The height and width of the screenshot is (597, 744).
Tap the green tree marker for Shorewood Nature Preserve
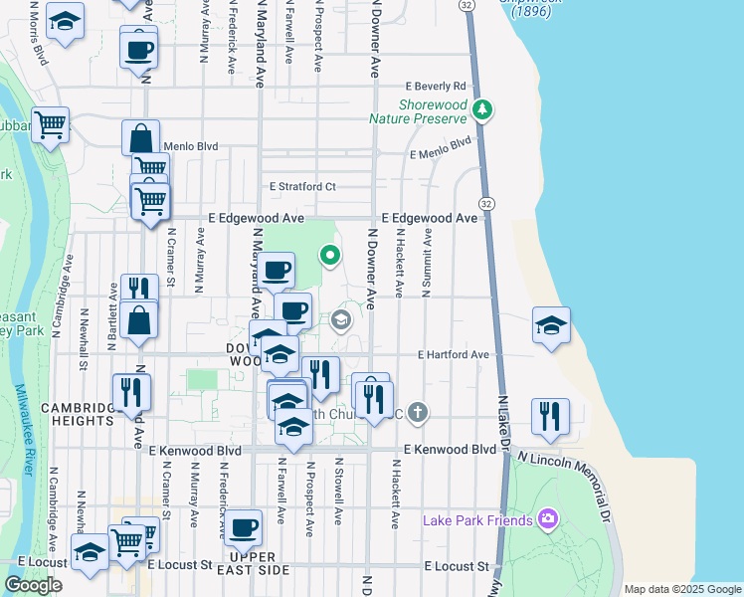point(482,108)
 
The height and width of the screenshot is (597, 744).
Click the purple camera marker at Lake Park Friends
point(546,518)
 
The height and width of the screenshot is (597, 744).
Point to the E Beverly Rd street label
point(435,86)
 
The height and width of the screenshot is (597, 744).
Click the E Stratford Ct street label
point(303,186)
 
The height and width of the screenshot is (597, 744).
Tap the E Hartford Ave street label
point(454,354)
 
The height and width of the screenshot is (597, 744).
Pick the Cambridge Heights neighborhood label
point(79,414)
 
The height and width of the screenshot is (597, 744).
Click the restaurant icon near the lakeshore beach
point(550,416)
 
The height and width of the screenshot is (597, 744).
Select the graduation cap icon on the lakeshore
point(551,325)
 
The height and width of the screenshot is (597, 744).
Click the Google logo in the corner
point(34,585)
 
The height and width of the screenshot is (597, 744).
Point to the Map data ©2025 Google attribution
point(682,589)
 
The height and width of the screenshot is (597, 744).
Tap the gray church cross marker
point(418,411)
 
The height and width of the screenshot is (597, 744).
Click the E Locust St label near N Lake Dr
point(457,566)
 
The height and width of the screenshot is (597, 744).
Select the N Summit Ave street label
point(427,264)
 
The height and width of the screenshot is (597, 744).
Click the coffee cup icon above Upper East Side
point(245,528)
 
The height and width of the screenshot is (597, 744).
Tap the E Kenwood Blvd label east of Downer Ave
point(450,450)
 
